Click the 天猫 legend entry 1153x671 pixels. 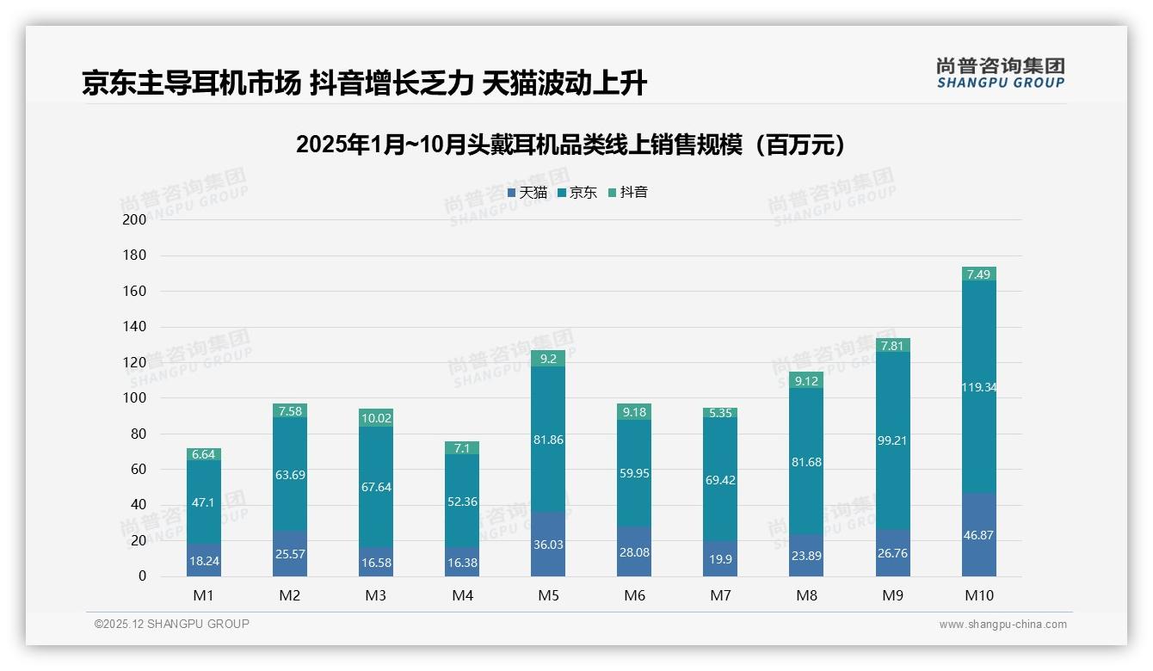pyautogui.click(x=527, y=193)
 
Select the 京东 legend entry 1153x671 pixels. pyautogui.click(x=577, y=193)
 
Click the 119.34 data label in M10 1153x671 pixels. pyautogui.click(x=978, y=388)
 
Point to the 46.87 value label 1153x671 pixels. pyautogui.click(x=978, y=535)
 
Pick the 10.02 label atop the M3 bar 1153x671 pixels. pyautogui.click(x=376, y=419)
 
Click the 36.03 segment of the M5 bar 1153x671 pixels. pyautogui.click(x=548, y=545)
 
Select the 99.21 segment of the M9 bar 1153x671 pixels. pyautogui.click(x=892, y=440)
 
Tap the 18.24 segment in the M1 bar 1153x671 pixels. pyautogui.click(x=204, y=560)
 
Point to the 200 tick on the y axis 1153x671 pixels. pyautogui.click(x=134, y=219)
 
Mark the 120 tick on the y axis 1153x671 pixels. pyautogui.click(x=134, y=362)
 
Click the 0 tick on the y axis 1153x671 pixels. pyautogui.click(x=142, y=576)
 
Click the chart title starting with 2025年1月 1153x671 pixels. pyautogui.click(x=576, y=145)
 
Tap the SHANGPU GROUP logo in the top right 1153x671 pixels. pyautogui.click(x=1000, y=73)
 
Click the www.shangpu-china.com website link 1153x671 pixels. pyautogui.click(x=1002, y=625)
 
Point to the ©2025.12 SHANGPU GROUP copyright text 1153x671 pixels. pyautogui.click(x=172, y=625)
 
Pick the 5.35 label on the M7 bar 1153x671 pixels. pyautogui.click(x=720, y=413)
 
